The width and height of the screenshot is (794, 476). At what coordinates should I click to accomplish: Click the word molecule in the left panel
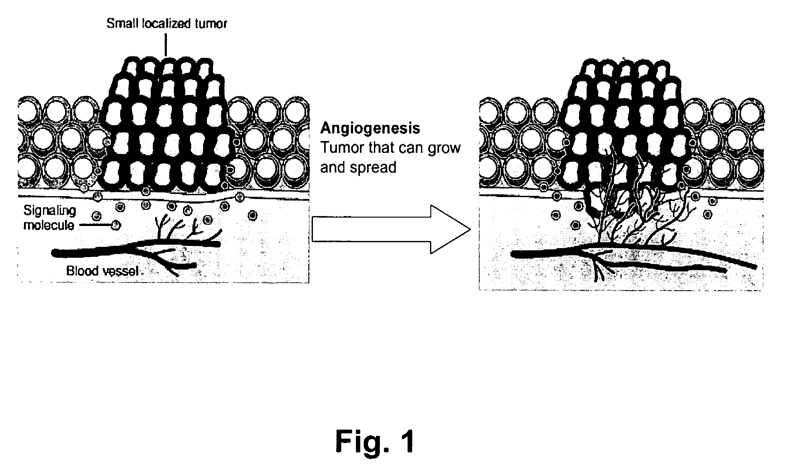point(49,225)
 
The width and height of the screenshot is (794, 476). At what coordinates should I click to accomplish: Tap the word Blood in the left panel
point(82,271)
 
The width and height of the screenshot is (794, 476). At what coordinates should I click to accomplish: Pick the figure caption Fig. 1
point(375,442)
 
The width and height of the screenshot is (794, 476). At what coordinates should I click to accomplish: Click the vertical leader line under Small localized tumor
point(166,45)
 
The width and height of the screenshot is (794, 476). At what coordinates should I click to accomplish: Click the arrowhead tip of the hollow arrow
point(470,229)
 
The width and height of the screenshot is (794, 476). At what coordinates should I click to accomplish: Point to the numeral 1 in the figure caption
point(407,442)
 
